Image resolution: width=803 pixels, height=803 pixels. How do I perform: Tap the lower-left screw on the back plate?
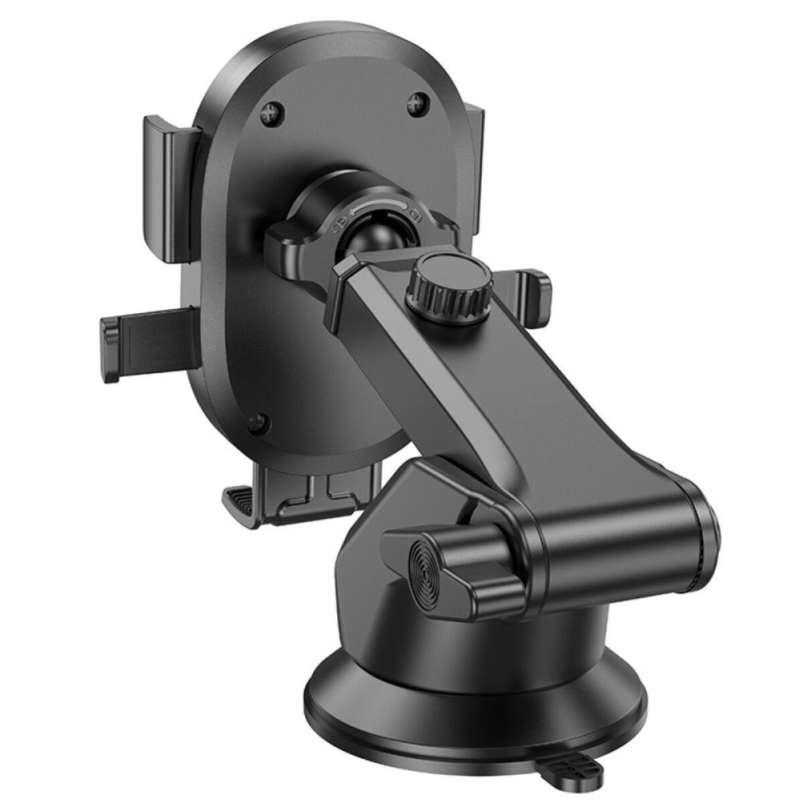pos(256,422)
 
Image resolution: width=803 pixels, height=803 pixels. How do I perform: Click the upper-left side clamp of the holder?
pos(167,181)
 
